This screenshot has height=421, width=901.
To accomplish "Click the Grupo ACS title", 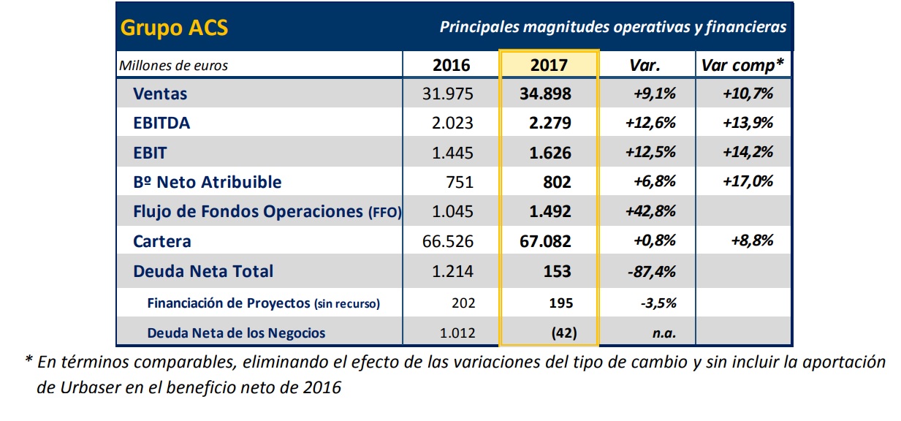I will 174,28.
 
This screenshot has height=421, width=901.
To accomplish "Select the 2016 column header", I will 452,65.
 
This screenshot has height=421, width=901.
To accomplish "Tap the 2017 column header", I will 549,65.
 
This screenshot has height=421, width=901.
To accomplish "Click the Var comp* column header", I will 742,65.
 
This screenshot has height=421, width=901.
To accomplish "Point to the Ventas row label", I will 160,94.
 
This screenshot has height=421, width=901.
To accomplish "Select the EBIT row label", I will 150,153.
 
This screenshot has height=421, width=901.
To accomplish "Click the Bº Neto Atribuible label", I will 207,182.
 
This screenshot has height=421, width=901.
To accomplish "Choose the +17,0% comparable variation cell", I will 748,182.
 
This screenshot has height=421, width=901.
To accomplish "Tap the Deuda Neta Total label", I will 203,271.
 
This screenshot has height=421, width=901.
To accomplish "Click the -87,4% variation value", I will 651,271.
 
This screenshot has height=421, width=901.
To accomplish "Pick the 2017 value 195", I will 562,303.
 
